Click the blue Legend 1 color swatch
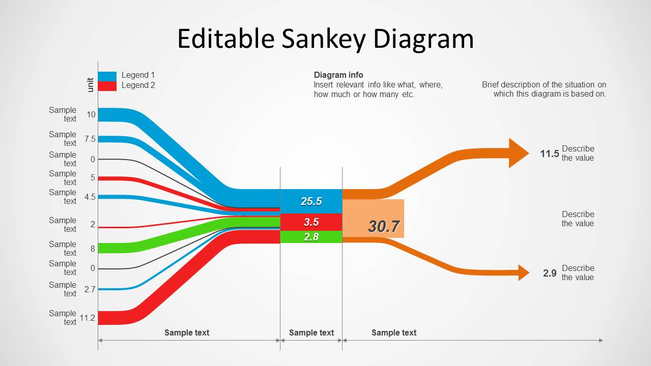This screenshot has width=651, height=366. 107,76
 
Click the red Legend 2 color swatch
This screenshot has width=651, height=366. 107,86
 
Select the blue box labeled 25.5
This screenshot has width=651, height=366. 311,201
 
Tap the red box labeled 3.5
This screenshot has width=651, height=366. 311,222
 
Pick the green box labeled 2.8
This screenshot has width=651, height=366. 311,237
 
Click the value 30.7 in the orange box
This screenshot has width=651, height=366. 384,226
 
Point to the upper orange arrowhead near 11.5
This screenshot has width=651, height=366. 519,153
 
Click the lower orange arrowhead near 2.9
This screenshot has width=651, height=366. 524,272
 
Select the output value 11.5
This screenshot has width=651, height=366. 550,154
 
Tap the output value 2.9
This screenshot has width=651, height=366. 550,273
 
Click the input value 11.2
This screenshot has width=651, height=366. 88,318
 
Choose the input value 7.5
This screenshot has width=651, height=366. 90,139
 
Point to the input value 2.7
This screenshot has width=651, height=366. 90,289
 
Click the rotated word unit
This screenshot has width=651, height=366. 91,84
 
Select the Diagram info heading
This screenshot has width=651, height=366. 338,75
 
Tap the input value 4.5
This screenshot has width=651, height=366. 90,197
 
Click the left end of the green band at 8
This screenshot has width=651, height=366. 102,248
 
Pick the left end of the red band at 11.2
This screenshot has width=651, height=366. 102,318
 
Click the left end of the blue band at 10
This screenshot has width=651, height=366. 102,115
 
